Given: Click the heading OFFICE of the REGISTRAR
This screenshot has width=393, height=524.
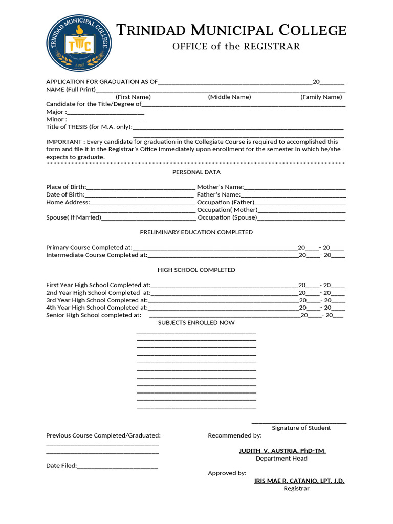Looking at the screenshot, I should point(236,47).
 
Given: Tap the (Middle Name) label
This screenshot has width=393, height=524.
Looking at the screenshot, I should point(229,97).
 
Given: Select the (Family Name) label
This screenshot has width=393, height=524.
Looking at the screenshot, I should point(321,97).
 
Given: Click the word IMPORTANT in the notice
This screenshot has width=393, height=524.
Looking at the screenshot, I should point(64,142).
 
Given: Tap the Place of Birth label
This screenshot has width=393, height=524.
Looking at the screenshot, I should point(66,187).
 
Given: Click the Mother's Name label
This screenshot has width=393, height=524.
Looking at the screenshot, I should point(220,187).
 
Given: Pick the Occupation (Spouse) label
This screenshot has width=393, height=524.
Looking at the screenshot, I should point(228,217).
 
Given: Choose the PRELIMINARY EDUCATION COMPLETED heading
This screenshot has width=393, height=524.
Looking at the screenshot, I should point(196,232).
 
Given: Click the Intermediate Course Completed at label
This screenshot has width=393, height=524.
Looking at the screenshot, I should point(97,255).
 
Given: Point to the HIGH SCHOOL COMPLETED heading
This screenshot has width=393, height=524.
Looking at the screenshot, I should point(196,270).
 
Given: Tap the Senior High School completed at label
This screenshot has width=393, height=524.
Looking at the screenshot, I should point(94,315).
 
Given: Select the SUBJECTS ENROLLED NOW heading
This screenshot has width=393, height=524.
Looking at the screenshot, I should point(196,323).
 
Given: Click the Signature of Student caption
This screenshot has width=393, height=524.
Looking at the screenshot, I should point(301,428).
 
